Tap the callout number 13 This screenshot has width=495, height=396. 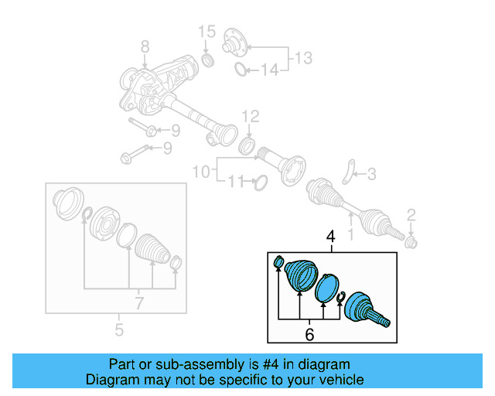[303, 57]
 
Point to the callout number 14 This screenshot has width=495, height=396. [268, 71]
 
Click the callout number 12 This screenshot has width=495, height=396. [249, 117]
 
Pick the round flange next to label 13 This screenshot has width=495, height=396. [234, 43]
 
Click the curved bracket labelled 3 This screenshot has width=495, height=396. [350, 172]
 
